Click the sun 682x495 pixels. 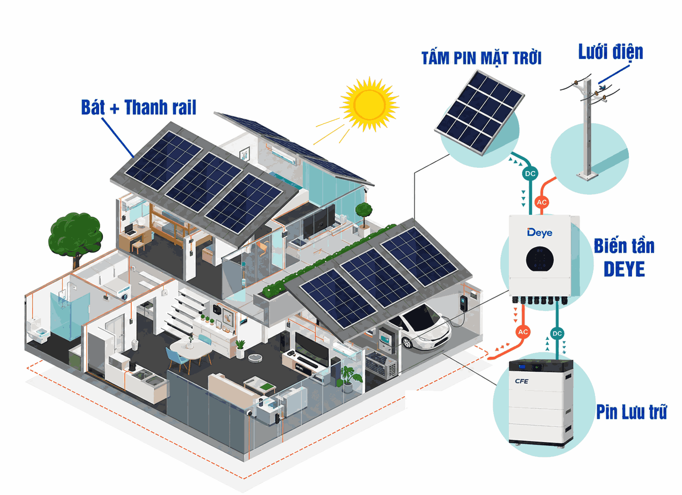(369, 104)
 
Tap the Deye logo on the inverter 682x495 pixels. (539, 233)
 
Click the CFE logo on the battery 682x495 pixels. (521, 381)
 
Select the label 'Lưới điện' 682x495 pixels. (610, 52)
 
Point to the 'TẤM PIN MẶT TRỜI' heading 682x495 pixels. (482, 58)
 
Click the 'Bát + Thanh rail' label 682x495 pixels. (138, 107)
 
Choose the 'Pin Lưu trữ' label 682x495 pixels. (631, 412)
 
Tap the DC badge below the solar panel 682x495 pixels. (530, 174)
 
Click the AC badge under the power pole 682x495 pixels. (542, 203)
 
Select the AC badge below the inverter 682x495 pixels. (523, 332)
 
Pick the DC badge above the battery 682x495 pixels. (557, 334)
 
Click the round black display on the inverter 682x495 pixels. (539, 259)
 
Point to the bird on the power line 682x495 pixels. (601, 88)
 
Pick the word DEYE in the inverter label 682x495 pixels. (624, 269)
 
